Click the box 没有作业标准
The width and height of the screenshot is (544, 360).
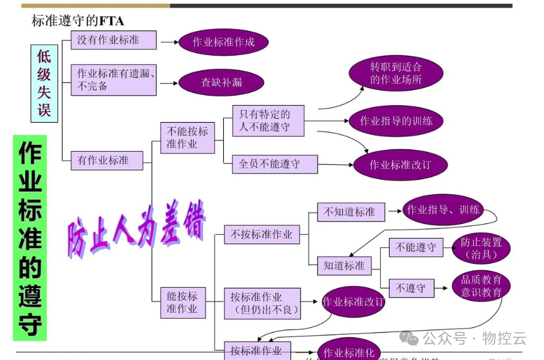[x=113, y=40]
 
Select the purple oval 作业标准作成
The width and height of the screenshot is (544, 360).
[x=223, y=42]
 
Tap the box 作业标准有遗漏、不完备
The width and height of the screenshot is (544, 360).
[x=113, y=80]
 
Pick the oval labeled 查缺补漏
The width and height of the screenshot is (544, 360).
[x=221, y=82]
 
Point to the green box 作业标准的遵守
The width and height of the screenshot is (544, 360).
[x=30, y=238]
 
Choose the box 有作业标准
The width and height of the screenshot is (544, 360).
[x=107, y=160]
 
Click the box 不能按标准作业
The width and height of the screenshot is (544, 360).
[x=187, y=138]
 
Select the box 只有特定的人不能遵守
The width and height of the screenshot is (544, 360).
[x=268, y=120]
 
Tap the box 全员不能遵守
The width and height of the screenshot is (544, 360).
[x=275, y=164]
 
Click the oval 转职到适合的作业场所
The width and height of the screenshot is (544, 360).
[x=396, y=73]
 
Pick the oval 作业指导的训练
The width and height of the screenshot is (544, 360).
[x=396, y=120]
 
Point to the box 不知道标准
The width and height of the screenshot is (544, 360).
[x=349, y=212]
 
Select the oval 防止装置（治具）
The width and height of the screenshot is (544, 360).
[x=481, y=249]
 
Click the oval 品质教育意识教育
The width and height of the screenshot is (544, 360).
[x=481, y=286]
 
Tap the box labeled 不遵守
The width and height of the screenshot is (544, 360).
[x=411, y=289]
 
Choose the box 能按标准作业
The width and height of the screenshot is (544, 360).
[x=183, y=302]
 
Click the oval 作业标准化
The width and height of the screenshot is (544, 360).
[x=349, y=352]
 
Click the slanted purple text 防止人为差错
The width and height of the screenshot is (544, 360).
[x=136, y=228]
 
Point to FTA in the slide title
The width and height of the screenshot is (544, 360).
[x=111, y=21]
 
